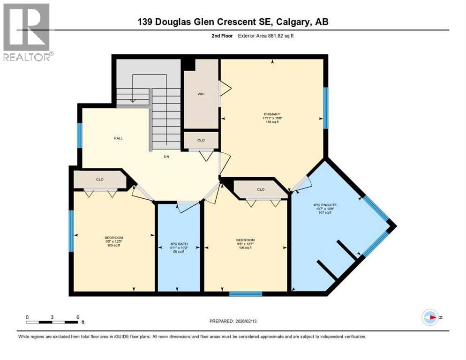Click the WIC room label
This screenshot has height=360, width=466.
(201, 94)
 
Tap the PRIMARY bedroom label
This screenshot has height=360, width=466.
(271, 114)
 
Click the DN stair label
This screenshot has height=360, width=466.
(166, 157)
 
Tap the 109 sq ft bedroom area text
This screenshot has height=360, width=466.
(113, 245)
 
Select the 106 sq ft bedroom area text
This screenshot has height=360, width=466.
(245, 247)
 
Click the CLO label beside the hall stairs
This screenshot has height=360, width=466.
(201, 140)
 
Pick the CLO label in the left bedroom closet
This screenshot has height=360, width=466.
(99, 179)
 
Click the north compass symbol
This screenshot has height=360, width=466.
(430, 317)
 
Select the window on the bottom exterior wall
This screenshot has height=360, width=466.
(245, 294)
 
